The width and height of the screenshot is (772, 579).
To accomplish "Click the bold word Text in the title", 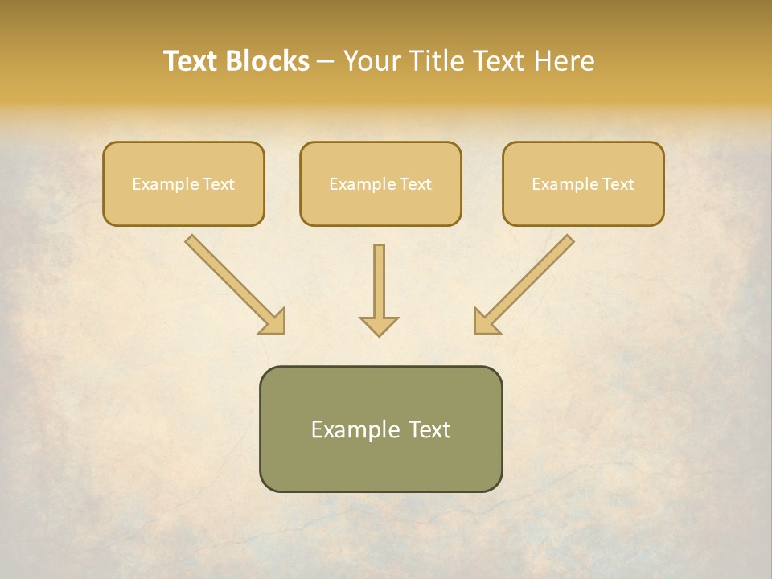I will (x=191, y=61).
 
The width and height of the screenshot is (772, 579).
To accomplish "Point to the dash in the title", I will (x=326, y=62).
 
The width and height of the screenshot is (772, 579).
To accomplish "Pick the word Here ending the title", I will (x=566, y=61).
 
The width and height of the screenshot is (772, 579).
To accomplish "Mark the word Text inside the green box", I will (x=430, y=429).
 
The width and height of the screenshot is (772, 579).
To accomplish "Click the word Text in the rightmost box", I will (x=618, y=184).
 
